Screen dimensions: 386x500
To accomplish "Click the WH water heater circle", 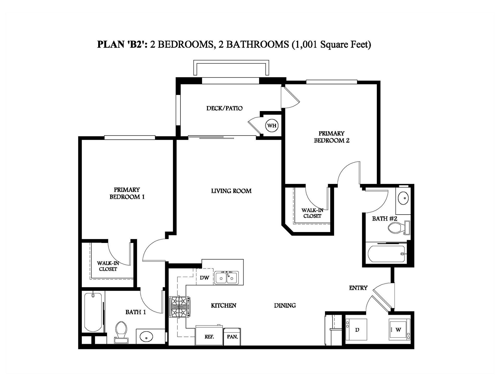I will point(272,126).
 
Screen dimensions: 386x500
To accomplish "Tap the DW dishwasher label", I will point(204,278).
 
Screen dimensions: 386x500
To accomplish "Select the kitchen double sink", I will point(227,278).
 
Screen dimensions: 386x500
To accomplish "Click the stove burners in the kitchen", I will point(179,307).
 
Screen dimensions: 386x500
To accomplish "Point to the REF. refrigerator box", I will point(209,336).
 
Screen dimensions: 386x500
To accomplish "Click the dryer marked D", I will point(357,330).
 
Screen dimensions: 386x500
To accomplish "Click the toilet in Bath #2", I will point(397,228).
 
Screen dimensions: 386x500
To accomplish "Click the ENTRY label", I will point(358,288).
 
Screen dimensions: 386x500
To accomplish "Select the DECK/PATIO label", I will point(224,108).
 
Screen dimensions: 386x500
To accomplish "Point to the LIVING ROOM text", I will point(231,191).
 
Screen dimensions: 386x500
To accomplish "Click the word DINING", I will point(285,305).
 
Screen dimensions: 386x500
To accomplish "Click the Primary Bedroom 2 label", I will point(332,137).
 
